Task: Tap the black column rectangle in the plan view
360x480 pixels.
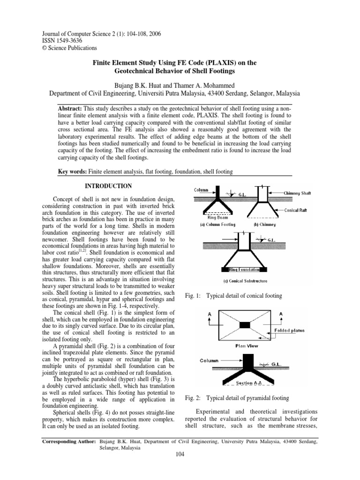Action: coord(245,325)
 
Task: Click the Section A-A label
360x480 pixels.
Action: coord(245,384)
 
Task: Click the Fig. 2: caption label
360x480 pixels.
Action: coord(193,398)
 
